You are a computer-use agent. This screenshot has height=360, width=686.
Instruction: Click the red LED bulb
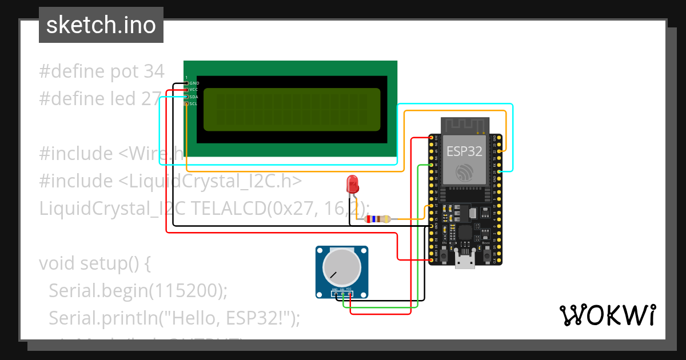[353, 184]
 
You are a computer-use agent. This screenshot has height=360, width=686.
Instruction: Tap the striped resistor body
[378, 219]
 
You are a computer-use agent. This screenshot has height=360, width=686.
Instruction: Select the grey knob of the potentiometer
[341, 269]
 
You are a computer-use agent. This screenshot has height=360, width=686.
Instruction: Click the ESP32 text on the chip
[464, 151]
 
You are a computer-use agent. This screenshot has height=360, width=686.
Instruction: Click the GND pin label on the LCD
[194, 83]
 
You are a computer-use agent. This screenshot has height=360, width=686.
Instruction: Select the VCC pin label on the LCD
[194, 90]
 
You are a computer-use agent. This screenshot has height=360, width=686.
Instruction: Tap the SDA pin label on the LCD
[194, 97]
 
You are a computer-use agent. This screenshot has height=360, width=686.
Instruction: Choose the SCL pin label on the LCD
[194, 103]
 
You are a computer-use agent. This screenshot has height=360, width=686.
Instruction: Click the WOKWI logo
[607, 315]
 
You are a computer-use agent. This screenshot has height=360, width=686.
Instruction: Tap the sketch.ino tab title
[101, 25]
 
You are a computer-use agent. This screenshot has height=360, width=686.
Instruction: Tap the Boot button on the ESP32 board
[485, 253]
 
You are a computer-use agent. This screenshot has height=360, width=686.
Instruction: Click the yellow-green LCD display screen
[292, 109]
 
